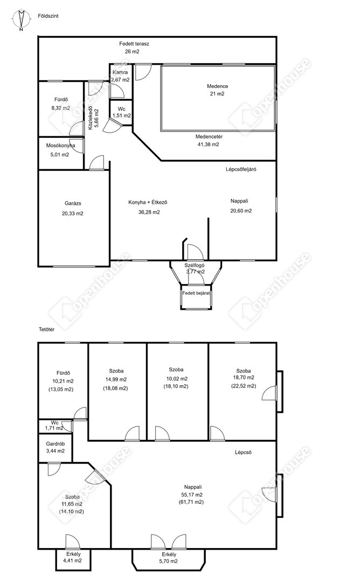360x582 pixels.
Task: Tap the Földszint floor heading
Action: click(x=49, y=16)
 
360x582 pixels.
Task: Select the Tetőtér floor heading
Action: click(x=46, y=329)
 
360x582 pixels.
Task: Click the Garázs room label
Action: click(x=73, y=203)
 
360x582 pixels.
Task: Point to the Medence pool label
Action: click(x=218, y=86)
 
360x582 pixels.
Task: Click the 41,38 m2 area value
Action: click(x=208, y=144)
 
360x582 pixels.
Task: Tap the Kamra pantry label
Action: click(x=120, y=72)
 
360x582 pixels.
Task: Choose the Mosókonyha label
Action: click(x=60, y=145)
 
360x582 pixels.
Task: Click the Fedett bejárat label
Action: click(x=196, y=293)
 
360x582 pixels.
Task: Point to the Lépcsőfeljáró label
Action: click(x=241, y=169)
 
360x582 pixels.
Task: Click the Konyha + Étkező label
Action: click(x=148, y=202)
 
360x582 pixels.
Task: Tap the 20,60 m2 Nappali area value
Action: click(x=241, y=211)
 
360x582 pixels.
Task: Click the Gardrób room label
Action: click(x=56, y=444)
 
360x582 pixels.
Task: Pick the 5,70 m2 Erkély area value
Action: click(x=169, y=561)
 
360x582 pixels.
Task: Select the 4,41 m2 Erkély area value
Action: click(x=73, y=560)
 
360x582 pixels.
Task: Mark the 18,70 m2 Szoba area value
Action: click(x=244, y=377)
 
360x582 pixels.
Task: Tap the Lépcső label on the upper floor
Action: click(x=243, y=453)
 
